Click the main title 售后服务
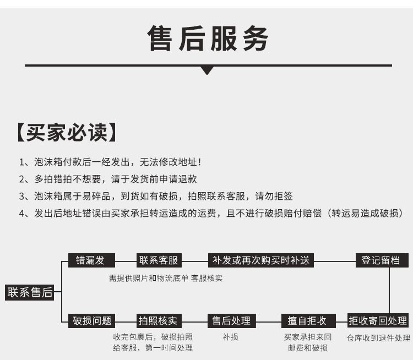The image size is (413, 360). coord(208,39)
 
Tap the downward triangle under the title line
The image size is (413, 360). coord(207,70)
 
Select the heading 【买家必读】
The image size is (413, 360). coord(67,132)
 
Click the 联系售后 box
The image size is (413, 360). coord(30,292)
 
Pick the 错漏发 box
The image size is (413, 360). coord(91,260)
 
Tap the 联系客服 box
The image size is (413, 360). coord(159,260)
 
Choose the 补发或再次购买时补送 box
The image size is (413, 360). coord(261,260)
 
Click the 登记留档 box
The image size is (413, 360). coord(382,260)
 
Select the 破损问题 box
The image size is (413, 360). coord(91,321)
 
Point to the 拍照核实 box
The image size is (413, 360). coord(159,321)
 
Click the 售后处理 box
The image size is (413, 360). coord(232,321)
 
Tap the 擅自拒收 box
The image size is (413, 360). coord(308,321)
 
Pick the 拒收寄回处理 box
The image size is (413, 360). coord(378,320)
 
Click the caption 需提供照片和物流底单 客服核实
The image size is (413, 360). coord(166,278)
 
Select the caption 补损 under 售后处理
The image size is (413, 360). coord(231,337)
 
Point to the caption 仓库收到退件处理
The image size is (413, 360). coord(378,338)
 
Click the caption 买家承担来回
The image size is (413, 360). coord(308,337)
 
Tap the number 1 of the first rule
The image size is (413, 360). coord(21,162)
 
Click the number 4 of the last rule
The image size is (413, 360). coord(22,214)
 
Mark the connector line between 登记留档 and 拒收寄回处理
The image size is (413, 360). coord(389,291)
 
